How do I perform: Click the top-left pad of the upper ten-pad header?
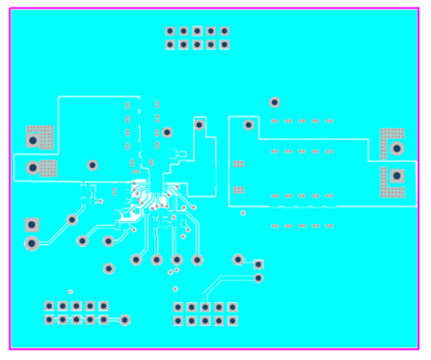[171, 31]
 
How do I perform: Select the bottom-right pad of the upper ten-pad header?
[225, 44]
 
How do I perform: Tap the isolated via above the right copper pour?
[275, 101]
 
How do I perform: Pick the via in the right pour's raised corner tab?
[250, 125]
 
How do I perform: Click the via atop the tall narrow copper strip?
[200, 125]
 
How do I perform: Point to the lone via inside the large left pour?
[93, 165]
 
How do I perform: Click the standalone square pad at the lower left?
[32, 224]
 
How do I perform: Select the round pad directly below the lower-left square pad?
[32, 243]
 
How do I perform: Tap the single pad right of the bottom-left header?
[124, 319]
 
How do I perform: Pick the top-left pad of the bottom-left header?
[49, 306]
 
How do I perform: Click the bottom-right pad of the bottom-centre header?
[232, 320]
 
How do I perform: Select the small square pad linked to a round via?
[257, 263]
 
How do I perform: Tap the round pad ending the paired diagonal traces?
[257, 278]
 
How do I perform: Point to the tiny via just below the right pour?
[243, 212]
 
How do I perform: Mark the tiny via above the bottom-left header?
[70, 291]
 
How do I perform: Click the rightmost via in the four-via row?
[198, 260]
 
